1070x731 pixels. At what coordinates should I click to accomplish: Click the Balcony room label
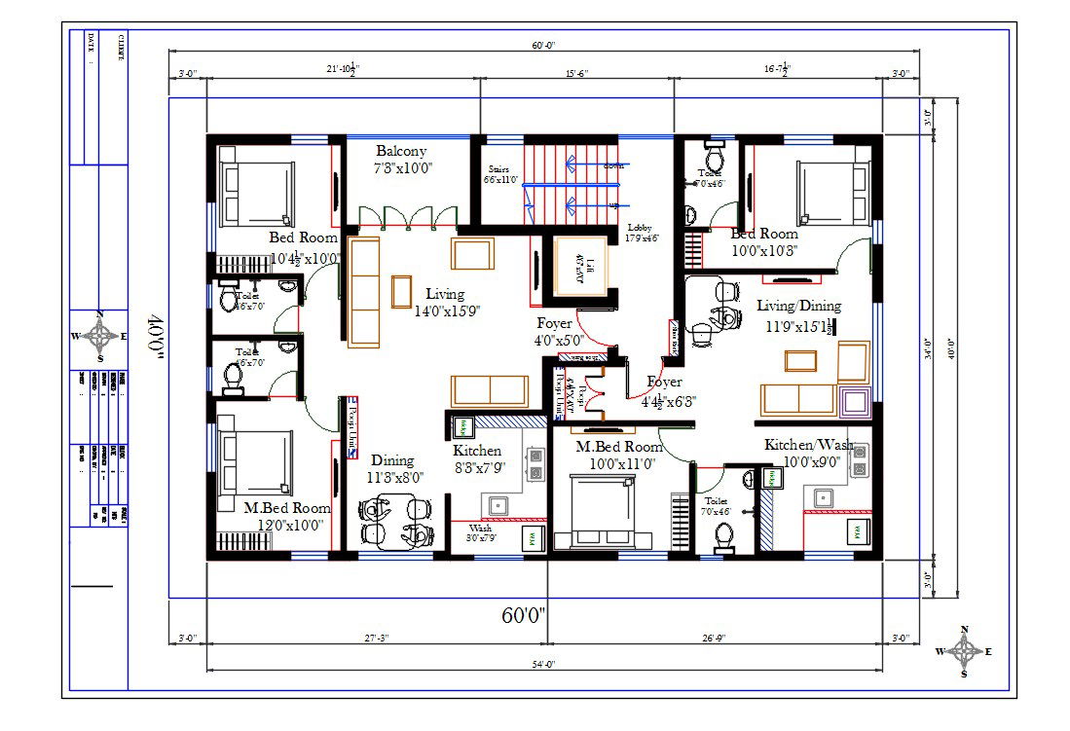(401, 151)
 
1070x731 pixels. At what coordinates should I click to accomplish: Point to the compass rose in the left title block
(98, 337)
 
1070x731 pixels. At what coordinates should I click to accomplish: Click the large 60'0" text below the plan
(525, 615)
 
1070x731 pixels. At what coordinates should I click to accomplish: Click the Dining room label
(391, 460)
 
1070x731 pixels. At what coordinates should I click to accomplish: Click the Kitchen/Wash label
(807, 445)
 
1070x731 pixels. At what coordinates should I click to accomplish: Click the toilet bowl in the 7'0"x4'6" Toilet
(722, 536)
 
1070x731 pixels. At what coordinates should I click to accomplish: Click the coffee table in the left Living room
(401, 291)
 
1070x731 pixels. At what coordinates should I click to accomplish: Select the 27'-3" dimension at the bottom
(377, 639)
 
